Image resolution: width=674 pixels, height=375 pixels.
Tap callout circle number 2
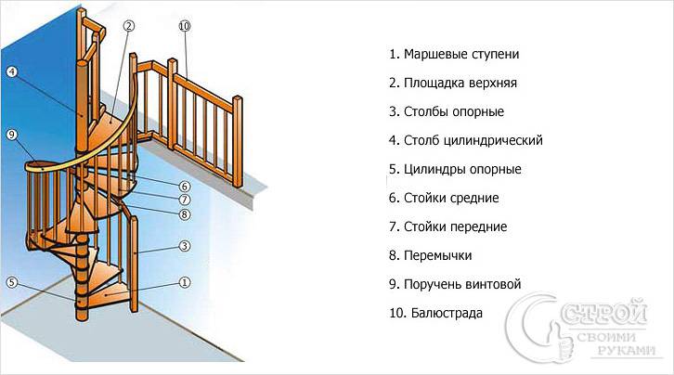(x=129, y=25)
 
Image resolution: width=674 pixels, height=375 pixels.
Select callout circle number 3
(x=185, y=245)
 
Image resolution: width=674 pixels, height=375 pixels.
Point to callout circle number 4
(x=12, y=71)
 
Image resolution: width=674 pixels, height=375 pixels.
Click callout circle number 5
(x=12, y=282)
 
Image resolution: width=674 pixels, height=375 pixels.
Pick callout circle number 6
(x=185, y=187)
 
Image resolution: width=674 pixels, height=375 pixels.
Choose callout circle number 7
(x=185, y=200)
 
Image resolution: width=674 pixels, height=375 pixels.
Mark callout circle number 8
(x=185, y=214)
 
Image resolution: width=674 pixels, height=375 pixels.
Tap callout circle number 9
(x=12, y=135)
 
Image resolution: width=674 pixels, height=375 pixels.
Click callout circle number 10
(x=184, y=26)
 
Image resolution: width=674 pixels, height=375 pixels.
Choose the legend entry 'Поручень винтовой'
(x=456, y=284)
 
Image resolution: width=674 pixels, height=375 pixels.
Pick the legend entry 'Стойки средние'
(x=445, y=198)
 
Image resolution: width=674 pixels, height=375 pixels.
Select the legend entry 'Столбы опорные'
(x=447, y=112)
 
